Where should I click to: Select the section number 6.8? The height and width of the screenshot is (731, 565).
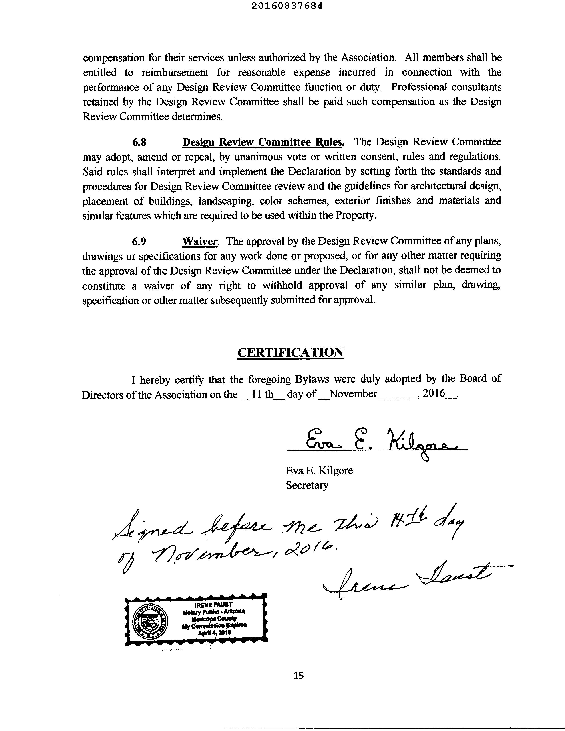click(139, 142)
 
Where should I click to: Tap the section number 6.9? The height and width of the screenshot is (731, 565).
click(139, 241)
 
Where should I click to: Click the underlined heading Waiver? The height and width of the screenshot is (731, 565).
click(200, 241)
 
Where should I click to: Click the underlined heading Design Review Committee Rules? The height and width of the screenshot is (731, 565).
click(263, 142)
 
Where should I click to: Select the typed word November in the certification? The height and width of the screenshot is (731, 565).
click(353, 394)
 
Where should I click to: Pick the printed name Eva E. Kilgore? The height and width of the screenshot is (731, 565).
click(319, 471)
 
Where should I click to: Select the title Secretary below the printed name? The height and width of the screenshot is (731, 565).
click(307, 485)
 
